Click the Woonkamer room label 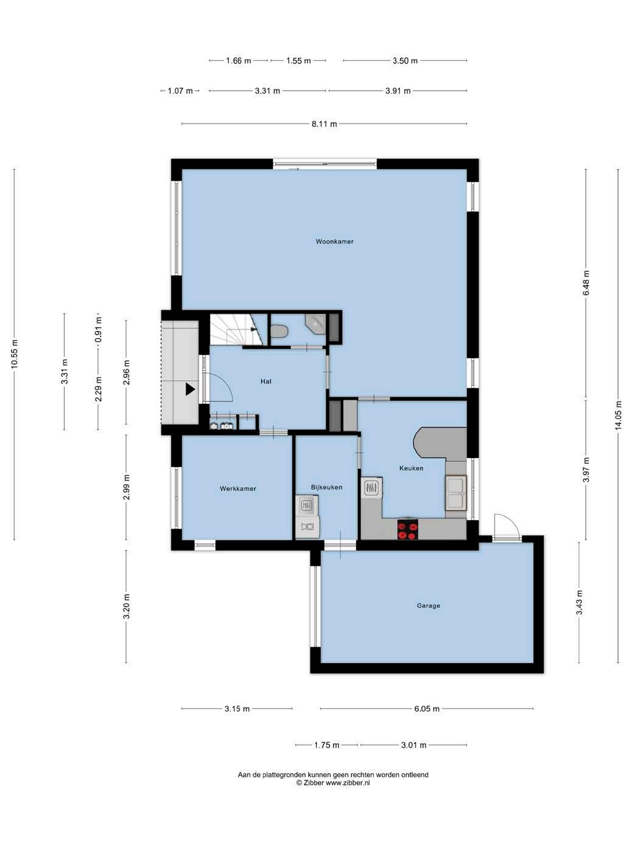coord(334,242)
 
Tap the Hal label coord(265,381)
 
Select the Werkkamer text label coord(237,489)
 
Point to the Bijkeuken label coord(326,487)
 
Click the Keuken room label coord(411,468)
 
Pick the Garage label coord(428,606)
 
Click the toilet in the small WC coord(279,331)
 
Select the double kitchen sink coord(456,493)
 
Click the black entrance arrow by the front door coord(190,389)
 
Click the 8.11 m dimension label coord(325,124)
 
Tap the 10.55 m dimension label coord(15,353)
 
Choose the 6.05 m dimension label coord(427,709)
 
